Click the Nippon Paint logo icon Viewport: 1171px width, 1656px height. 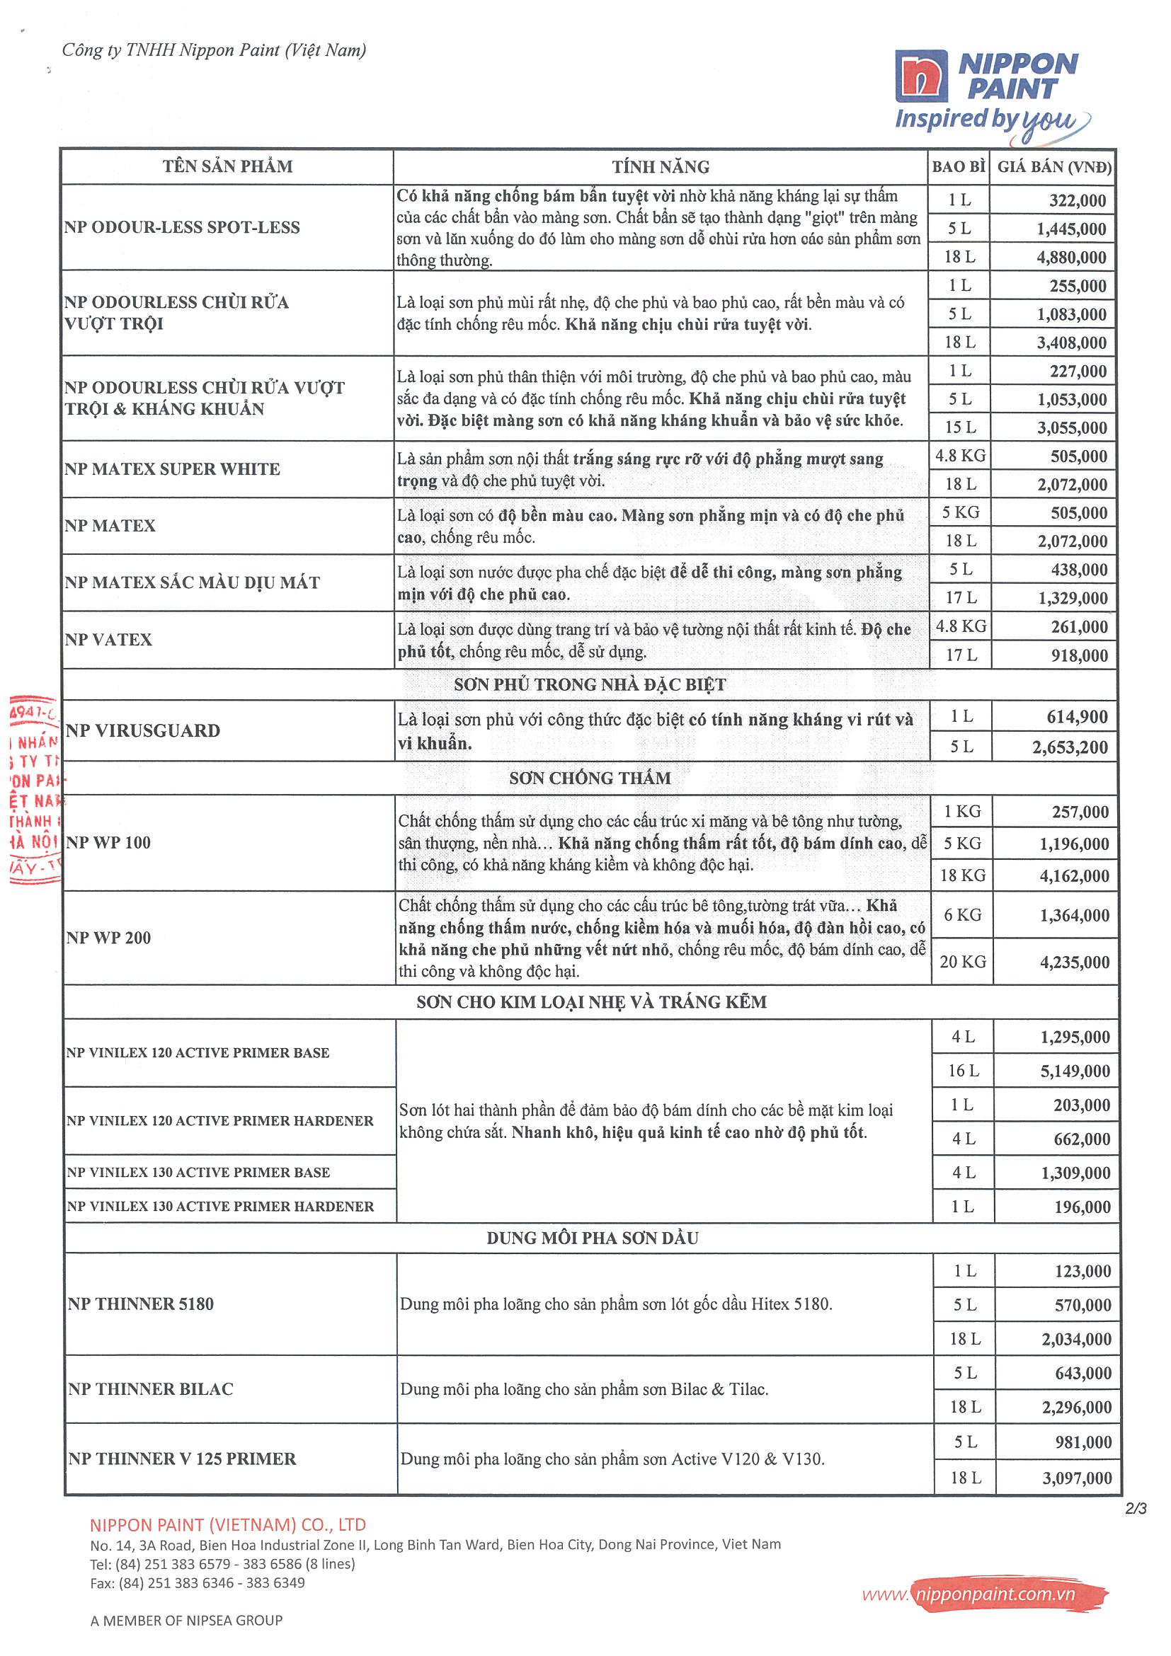tap(920, 76)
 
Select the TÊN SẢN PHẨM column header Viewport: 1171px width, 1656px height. tap(227, 166)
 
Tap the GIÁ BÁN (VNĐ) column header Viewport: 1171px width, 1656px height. tap(1053, 167)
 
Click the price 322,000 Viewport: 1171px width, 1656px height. tap(1078, 200)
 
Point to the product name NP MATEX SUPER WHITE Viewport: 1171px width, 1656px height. tap(172, 468)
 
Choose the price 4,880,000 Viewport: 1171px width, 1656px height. tap(1071, 258)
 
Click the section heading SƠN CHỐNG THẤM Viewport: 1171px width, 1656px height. tap(590, 778)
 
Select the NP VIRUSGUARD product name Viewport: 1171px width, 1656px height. tap(143, 730)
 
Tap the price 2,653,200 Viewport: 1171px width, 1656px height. tap(1069, 747)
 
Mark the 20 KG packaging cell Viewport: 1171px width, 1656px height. tap(962, 962)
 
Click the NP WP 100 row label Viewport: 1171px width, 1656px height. tap(108, 842)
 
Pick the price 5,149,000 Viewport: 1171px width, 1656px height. tap(1074, 1071)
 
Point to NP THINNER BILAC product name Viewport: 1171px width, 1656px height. tap(151, 1388)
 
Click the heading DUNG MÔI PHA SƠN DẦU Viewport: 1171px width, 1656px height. tap(592, 1238)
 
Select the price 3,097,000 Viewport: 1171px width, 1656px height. tap(1076, 1478)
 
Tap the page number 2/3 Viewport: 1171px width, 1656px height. tap(1135, 1508)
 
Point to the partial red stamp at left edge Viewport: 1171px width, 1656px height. tap(35, 790)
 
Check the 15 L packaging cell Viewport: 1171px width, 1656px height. tap(960, 427)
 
